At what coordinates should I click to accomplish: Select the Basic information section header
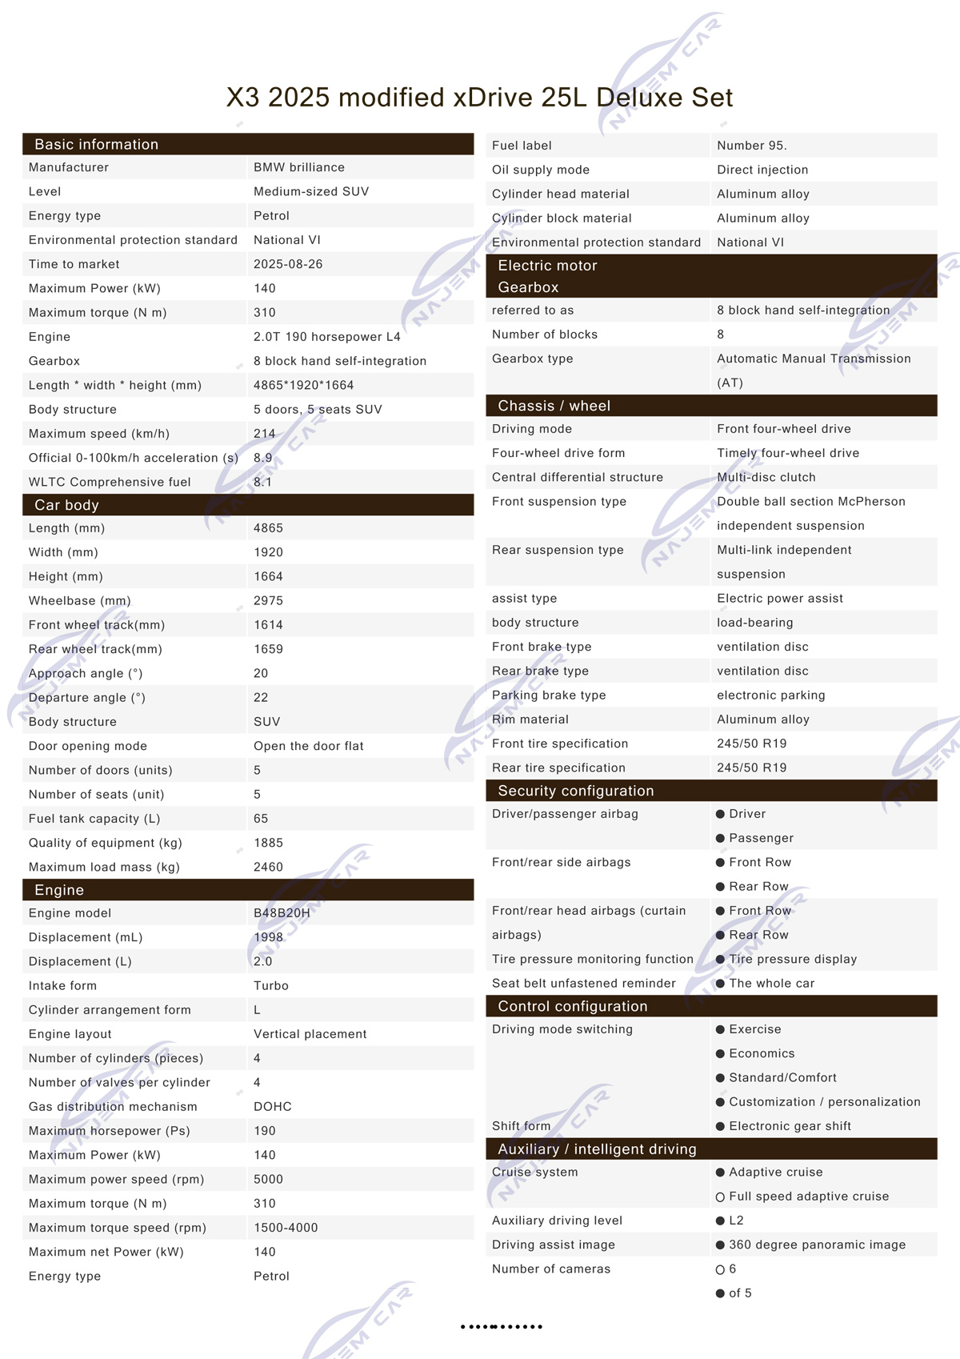96,145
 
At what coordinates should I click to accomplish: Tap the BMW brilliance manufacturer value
299,167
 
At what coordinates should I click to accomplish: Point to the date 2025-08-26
288,264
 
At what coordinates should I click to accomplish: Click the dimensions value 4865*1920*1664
303,385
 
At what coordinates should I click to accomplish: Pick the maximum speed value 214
265,434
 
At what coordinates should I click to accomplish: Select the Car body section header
66,505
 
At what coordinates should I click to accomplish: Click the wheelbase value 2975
268,601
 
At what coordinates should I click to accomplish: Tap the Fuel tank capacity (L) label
94,819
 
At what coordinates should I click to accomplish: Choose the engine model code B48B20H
282,913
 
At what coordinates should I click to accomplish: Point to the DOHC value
273,1107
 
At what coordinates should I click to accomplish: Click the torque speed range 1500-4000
286,1228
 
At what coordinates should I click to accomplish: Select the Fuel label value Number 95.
751,146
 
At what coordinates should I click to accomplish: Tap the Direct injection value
762,170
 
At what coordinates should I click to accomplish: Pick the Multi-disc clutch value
766,477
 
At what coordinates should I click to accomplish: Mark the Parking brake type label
549,696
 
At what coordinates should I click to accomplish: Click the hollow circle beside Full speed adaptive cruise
720,1197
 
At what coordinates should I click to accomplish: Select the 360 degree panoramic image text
817,1245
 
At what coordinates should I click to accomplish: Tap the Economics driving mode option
762,1054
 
